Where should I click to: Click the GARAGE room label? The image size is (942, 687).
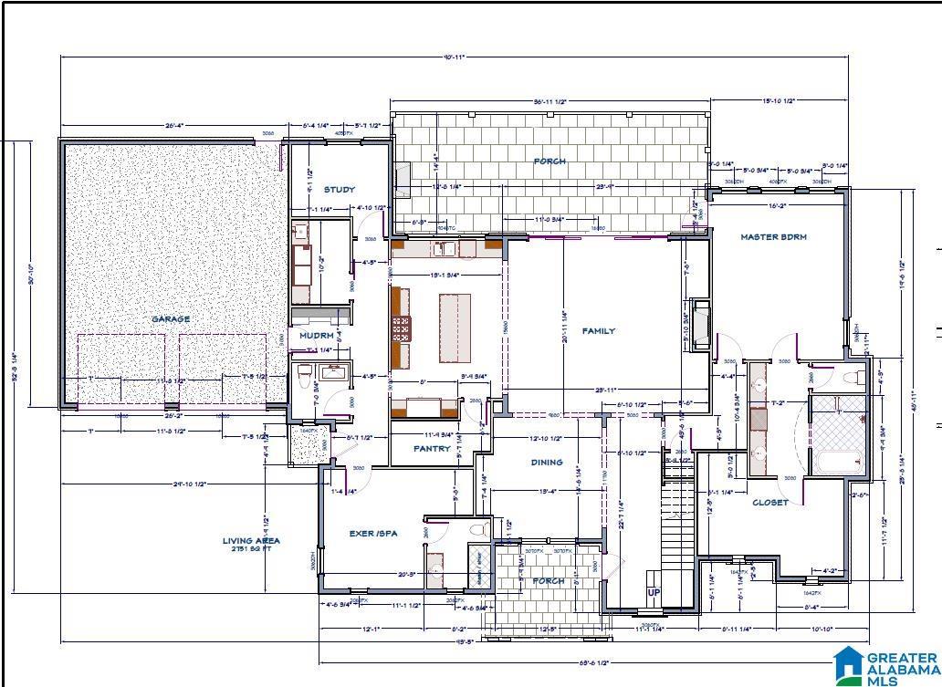pos(171,319)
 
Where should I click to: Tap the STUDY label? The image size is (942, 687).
pos(339,190)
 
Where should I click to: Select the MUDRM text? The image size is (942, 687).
pos(317,336)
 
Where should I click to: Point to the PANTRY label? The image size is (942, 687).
pos(432,449)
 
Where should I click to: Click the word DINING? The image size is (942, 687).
pos(547,463)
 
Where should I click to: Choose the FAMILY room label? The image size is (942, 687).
pos(599,331)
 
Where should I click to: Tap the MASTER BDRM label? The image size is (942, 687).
pos(773,237)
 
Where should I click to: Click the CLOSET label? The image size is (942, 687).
pos(769,503)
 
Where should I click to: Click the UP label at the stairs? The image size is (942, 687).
pos(654,592)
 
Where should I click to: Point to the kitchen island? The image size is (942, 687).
pos(455,328)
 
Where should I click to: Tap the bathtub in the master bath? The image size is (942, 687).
pos(837,460)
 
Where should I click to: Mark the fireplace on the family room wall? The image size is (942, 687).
pos(701,321)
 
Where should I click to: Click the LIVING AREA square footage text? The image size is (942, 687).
pos(251,545)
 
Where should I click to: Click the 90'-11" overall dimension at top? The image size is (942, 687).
pos(454,57)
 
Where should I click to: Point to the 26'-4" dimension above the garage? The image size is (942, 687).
pos(176,126)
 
